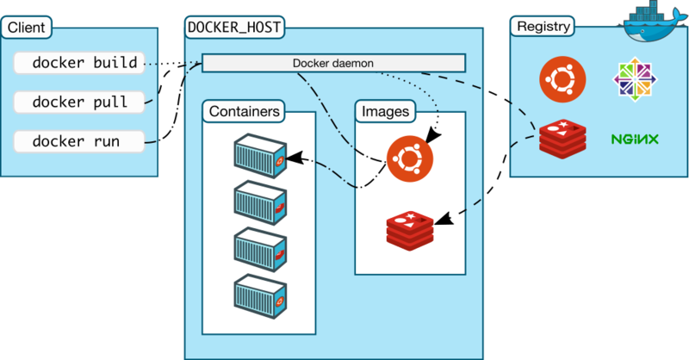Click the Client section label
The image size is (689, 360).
[x=27, y=28]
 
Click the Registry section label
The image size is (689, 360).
[x=543, y=27]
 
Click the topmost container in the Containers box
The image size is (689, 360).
[x=259, y=153]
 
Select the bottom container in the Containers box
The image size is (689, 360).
[x=259, y=295]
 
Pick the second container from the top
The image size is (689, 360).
[x=259, y=201]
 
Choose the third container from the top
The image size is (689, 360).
[x=259, y=248]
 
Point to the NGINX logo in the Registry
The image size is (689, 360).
[x=635, y=139]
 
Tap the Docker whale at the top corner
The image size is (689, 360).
[x=653, y=26]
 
